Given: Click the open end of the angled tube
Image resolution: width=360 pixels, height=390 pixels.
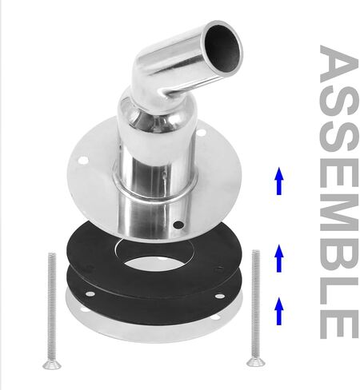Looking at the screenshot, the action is click(222, 49).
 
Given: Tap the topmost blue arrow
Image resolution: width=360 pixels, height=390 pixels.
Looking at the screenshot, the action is click(279, 181).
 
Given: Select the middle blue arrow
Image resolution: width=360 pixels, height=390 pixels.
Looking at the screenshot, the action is click(279, 258).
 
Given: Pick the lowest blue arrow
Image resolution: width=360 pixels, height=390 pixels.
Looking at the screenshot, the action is click(279, 311).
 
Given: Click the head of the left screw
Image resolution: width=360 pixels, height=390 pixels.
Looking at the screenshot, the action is click(52, 365).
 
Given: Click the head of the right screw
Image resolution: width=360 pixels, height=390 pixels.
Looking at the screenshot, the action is click(256, 362).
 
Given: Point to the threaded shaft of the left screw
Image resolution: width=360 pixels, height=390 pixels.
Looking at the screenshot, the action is click(52, 307).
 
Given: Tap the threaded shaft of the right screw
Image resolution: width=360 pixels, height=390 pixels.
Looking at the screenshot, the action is click(256, 304).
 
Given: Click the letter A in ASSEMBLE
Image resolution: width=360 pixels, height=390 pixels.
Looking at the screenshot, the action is click(339, 63).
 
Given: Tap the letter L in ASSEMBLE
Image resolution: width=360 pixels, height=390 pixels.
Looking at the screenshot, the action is click(339, 291).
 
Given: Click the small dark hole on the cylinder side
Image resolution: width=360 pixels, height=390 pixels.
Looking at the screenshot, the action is click(178, 225).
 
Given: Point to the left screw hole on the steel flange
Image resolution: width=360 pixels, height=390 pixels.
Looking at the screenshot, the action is click(83, 161).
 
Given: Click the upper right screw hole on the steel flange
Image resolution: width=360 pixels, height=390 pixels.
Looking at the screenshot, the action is click(201, 132).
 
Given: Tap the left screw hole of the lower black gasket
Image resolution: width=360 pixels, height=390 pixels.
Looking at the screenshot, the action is click(90, 294).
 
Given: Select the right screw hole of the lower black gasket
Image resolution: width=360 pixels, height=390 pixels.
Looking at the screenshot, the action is click(219, 296).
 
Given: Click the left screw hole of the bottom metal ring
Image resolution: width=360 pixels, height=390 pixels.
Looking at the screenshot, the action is click(83, 310).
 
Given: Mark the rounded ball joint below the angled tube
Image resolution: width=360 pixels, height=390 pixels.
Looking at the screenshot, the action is click(157, 112).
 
